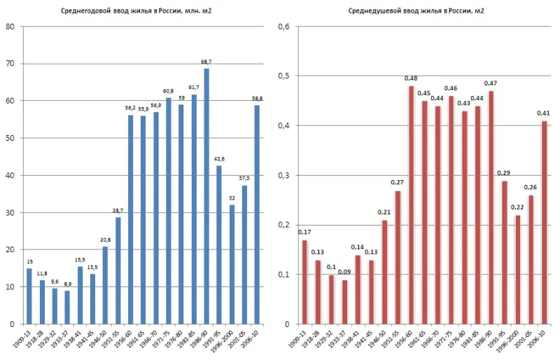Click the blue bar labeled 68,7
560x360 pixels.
coord(206,196)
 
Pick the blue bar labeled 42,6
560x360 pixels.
coord(219,244)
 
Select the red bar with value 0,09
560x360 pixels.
coord(344,302)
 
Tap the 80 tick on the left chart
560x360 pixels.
coord(10,27)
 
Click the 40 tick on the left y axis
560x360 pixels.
coord(10,176)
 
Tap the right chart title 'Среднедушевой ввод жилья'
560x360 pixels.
coord(416,11)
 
